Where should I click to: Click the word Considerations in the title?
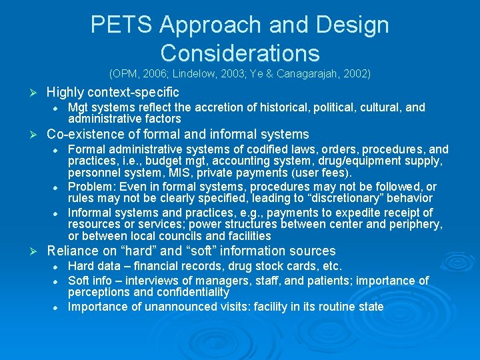[240, 53]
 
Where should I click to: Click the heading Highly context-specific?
[113, 92]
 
